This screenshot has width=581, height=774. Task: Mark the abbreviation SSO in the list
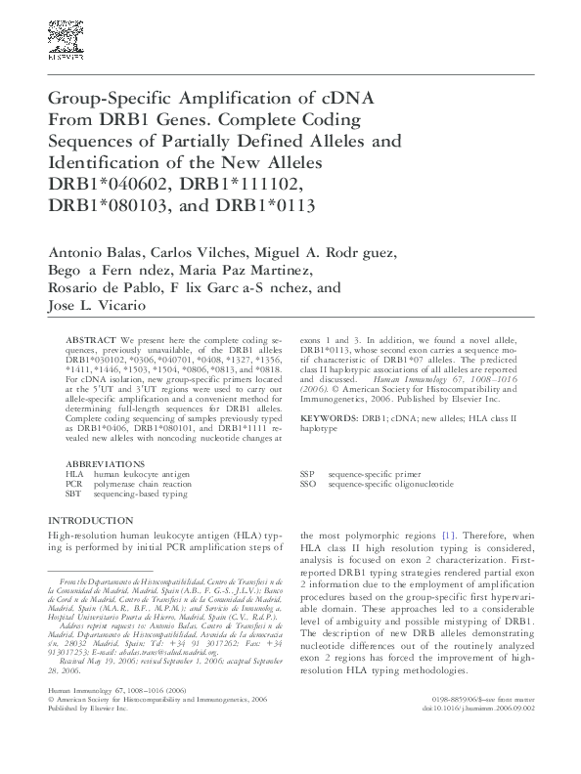click(309, 484)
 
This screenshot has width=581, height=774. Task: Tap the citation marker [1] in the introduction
click(449, 537)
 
